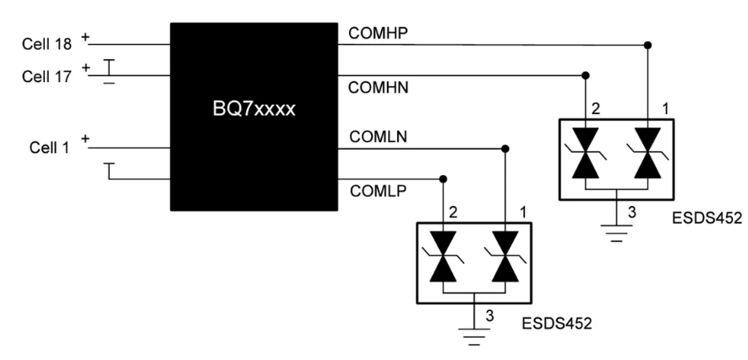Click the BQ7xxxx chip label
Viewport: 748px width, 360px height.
[254, 109]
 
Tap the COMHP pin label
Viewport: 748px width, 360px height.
[378, 33]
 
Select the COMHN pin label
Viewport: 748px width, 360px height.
[379, 88]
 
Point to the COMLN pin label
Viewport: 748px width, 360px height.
[378, 137]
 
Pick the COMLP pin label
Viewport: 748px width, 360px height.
[378, 191]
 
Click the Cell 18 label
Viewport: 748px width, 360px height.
[46, 44]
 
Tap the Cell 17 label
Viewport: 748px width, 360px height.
[46, 76]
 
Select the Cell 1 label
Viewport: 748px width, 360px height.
[49, 147]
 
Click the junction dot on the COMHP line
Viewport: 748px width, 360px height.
[647, 46]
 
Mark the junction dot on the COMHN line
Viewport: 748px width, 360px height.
[586, 75]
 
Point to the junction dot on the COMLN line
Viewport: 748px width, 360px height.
[505, 149]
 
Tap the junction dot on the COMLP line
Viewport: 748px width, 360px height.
[443, 179]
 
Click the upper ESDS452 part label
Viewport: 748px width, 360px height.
[707, 218]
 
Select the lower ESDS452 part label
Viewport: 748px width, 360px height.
[557, 324]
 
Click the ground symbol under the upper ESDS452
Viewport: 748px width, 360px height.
[616, 232]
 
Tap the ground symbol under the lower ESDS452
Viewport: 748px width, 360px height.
[474, 336]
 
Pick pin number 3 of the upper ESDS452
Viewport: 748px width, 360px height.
[631, 212]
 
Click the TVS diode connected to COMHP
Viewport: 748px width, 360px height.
[647, 153]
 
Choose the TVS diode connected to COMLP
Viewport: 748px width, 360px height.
[443, 257]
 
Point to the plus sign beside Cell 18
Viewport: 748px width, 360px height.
[85, 36]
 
